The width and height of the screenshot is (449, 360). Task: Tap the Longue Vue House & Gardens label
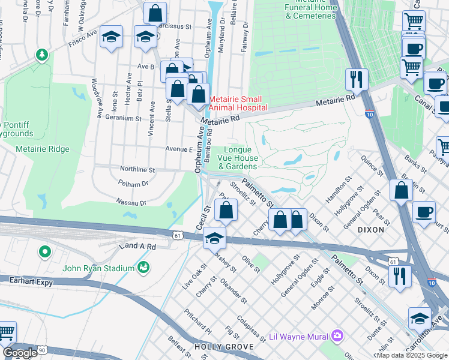coord(241,158)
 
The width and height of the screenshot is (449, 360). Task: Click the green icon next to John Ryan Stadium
coord(143,266)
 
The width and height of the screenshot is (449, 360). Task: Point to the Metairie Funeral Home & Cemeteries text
coord(310,11)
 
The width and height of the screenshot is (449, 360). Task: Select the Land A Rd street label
coord(137,246)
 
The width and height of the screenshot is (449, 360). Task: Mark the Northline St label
coord(137,170)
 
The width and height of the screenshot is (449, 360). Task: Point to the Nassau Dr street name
coord(131,203)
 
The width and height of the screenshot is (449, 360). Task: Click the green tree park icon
coord(42,56)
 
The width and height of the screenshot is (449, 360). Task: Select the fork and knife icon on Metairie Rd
coord(357,79)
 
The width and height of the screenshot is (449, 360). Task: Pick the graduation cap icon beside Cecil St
coord(214,238)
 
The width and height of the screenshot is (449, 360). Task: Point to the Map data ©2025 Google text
coord(412,355)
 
